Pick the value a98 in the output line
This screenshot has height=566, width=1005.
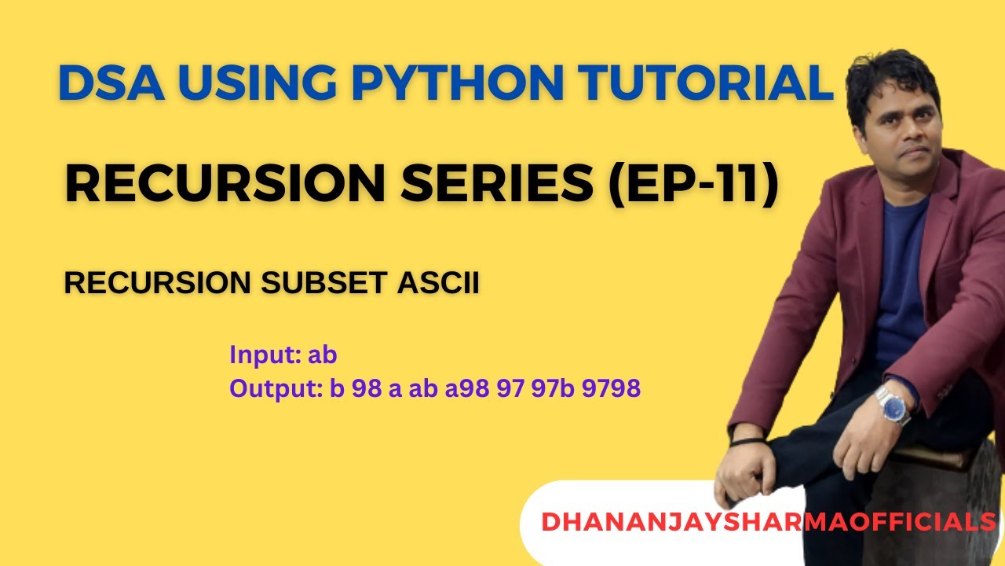(x=466, y=388)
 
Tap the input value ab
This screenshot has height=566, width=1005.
(x=322, y=355)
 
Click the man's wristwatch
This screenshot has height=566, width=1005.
(x=893, y=406)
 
